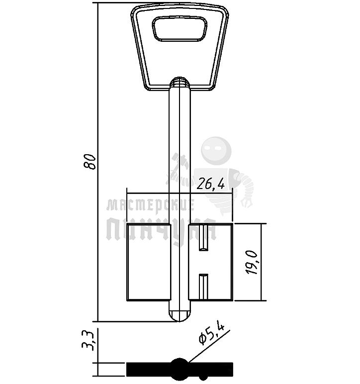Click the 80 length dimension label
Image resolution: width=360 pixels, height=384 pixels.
[x=90, y=162]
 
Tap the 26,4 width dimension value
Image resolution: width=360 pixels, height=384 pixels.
[x=211, y=184]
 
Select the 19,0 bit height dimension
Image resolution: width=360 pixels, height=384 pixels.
[x=252, y=262]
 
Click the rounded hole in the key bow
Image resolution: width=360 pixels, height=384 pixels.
[x=180, y=28]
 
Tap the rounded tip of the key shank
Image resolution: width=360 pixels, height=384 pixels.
[x=180, y=315]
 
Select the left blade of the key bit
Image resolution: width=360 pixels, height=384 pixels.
[x=148, y=262]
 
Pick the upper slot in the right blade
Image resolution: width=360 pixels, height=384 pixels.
[x=203, y=238]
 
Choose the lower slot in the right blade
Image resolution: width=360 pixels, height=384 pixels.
[x=203, y=287]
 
